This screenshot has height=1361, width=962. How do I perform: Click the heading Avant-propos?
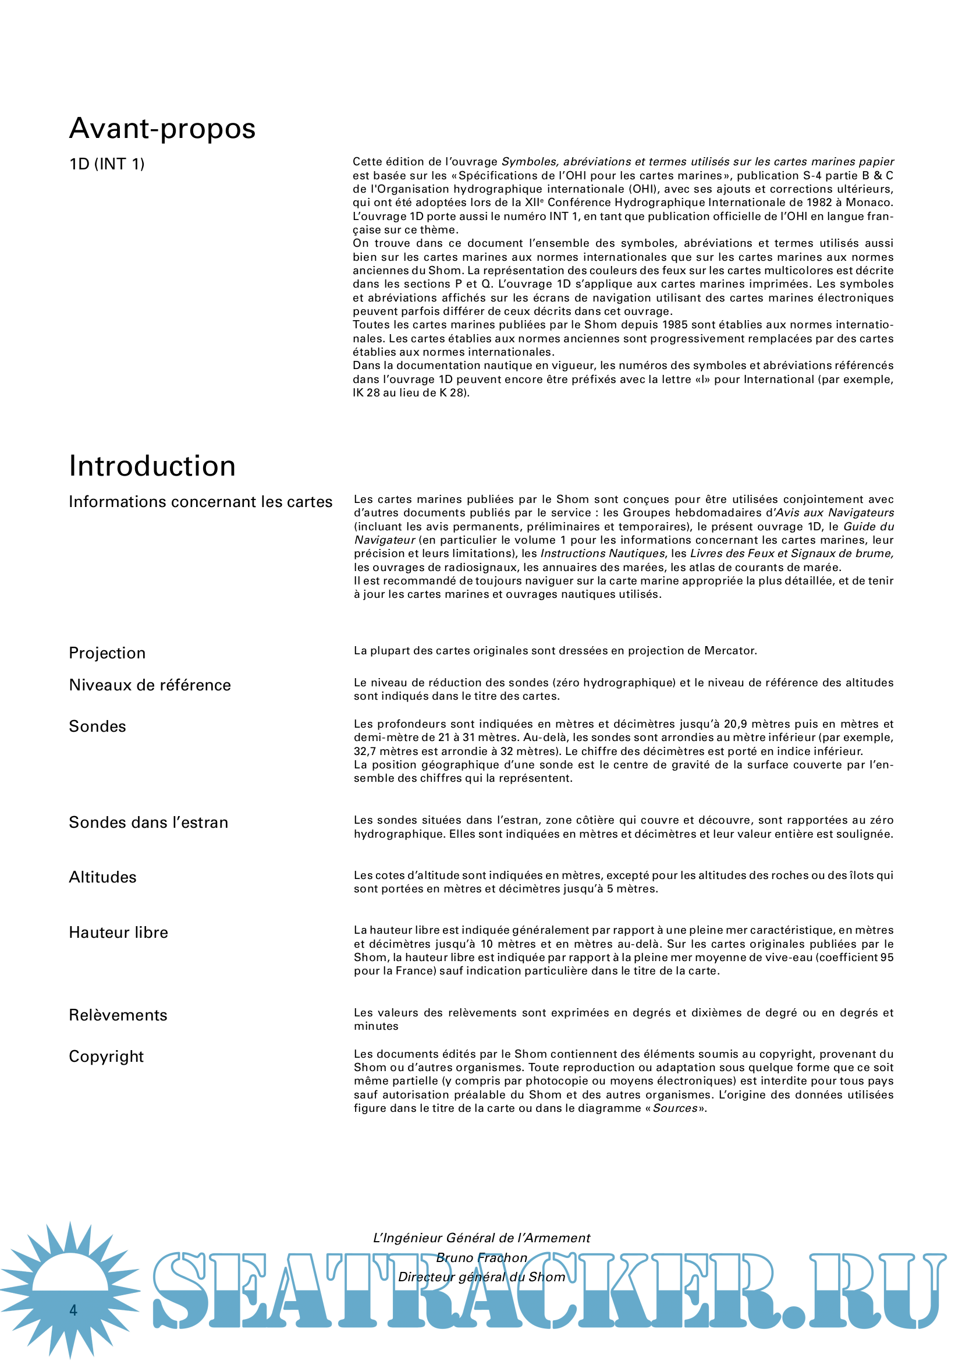pyautogui.click(x=162, y=129)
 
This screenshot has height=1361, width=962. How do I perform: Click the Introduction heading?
pyautogui.click(x=152, y=466)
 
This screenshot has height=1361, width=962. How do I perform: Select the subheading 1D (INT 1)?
pyautogui.click(x=107, y=164)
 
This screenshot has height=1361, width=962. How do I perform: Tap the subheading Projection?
pyautogui.click(x=107, y=653)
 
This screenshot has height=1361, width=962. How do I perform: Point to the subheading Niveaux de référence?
pyautogui.click(x=150, y=685)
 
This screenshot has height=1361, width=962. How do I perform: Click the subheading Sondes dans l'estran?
pyautogui.click(x=148, y=823)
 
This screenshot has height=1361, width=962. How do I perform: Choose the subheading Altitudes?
pyautogui.click(x=102, y=877)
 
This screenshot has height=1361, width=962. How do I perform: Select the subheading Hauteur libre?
pyautogui.click(x=119, y=933)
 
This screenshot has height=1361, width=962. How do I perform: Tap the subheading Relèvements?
pyautogui.click(x=118, y=1015)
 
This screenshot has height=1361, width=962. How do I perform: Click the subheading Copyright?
pyautogui.click(x=106, y=1057)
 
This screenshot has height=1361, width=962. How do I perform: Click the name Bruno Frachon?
pyautogui.click(x=481, y=1258)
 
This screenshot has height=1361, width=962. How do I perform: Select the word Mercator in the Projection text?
pyautogui.click(x=730, y=651)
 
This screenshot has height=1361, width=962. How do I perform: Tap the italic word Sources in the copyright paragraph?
pyautogui.click(x=675, y=1108)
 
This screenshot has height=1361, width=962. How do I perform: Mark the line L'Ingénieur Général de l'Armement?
pyautogui.click(x=481, y=1238)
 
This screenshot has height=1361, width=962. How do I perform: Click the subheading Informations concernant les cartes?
pyautogui.click(x=200, y=502)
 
